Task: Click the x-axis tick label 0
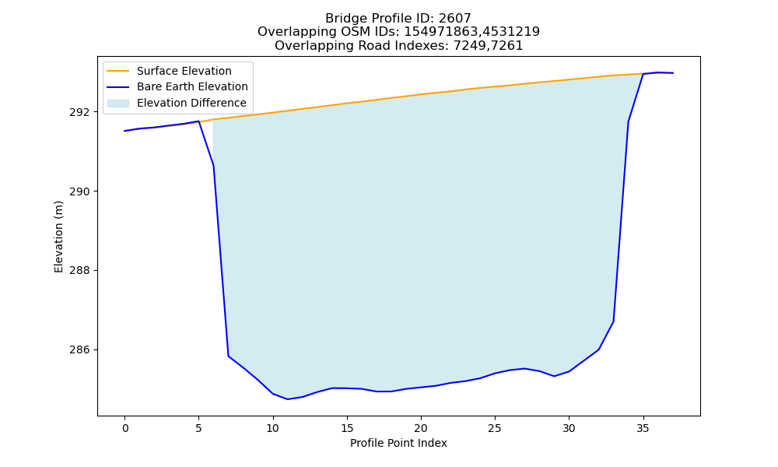[x=124, y=428]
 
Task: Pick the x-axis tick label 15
[x=347, y=428]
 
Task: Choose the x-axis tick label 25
[x=495, y=428]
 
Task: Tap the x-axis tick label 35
[x=643, y=428]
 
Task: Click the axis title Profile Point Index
[x=398, y=443]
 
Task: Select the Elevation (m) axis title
[x=58, y=237]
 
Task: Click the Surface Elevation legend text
[x=184, y=71]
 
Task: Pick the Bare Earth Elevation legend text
[x=192, y=86]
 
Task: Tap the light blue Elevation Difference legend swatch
[x=118, y=103]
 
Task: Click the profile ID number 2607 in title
[x=454, y=19]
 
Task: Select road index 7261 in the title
[x=506, y=46]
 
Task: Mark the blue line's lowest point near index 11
[x=288, y=399]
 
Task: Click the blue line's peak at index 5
[x=198, y=121]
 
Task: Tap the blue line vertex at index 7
[x=228, y=356]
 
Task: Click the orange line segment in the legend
[x=118, y=71]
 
